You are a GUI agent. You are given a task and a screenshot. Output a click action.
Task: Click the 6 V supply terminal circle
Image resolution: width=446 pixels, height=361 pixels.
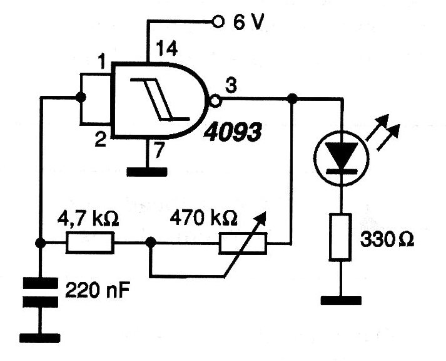click(218, 22)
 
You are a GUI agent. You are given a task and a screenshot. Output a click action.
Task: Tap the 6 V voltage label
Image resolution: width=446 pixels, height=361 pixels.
click(248, 22)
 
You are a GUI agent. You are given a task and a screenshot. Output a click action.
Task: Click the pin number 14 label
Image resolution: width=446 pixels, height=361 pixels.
click(167, 49)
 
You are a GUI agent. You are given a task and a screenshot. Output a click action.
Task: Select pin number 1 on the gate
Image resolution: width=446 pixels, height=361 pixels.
click(101, 61)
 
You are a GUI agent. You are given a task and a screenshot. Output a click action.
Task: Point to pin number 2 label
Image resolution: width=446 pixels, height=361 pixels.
click(101, 140)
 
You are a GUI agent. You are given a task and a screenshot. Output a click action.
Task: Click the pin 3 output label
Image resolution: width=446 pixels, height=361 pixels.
click(231, 85)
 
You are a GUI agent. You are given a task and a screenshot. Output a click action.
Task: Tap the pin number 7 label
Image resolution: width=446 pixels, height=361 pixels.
click(160, 150)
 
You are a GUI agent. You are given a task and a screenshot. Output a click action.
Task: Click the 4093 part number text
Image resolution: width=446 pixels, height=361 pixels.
click(233, 132)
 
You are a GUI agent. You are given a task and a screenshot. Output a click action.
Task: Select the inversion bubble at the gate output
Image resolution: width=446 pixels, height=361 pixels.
click(215, 100)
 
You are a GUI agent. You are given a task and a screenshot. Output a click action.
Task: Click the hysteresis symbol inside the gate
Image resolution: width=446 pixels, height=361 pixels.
click(160, 99)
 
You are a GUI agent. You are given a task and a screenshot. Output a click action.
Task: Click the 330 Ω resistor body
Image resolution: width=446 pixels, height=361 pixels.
click(340, 238)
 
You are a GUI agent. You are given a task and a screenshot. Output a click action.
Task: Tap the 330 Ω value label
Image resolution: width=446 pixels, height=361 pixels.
click(387, 240)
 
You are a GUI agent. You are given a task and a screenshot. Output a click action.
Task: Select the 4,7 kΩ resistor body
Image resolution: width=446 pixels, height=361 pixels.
click(90, 243)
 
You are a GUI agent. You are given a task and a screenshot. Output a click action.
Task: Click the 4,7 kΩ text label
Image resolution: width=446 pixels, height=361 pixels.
click(88, 219)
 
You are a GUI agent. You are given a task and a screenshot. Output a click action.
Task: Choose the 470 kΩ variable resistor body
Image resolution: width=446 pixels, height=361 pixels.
click(243, 243)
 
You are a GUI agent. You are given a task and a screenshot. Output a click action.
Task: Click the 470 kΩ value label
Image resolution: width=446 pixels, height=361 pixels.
click(203, 218)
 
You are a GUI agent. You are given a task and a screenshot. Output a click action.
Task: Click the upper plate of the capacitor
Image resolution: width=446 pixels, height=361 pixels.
click(40, 283)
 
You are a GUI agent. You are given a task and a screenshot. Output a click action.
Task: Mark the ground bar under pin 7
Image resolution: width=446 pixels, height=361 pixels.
click(147, 172)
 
